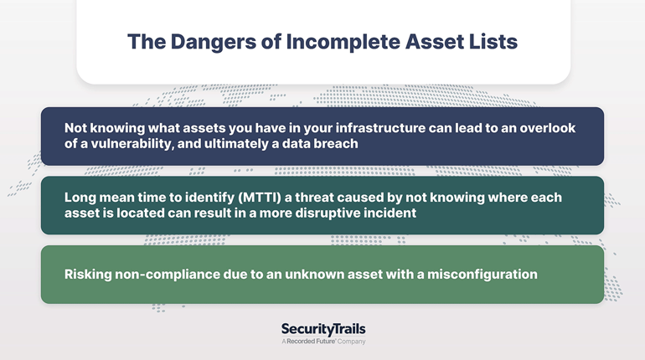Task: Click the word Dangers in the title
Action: pos(213,43)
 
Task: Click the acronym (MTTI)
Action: pos(260,198)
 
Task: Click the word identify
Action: pos(209,198)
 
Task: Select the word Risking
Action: pos(88,275)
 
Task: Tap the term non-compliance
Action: pos(167,275)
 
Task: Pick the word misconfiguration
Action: pos(482,275)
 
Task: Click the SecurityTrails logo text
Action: pos(323,329)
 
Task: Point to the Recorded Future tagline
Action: pos(323,342)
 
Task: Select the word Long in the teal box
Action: pos(80,198)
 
